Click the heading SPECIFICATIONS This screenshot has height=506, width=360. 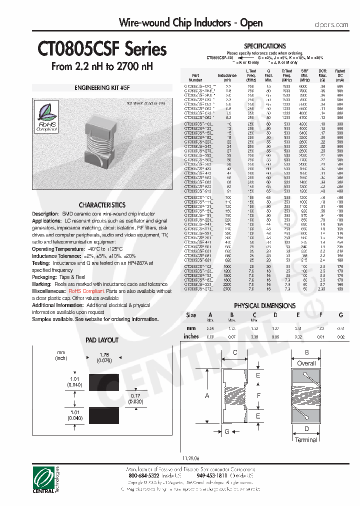264,46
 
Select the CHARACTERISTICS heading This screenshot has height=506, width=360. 102,205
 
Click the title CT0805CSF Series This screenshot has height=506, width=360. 102,49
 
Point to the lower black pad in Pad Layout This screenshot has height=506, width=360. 103,414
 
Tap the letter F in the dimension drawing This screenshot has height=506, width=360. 258,395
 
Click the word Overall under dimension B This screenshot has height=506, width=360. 306,363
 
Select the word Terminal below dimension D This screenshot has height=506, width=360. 306,440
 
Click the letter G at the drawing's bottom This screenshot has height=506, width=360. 226,431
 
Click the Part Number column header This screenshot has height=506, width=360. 195,77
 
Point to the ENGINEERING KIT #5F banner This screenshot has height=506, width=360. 102,87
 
